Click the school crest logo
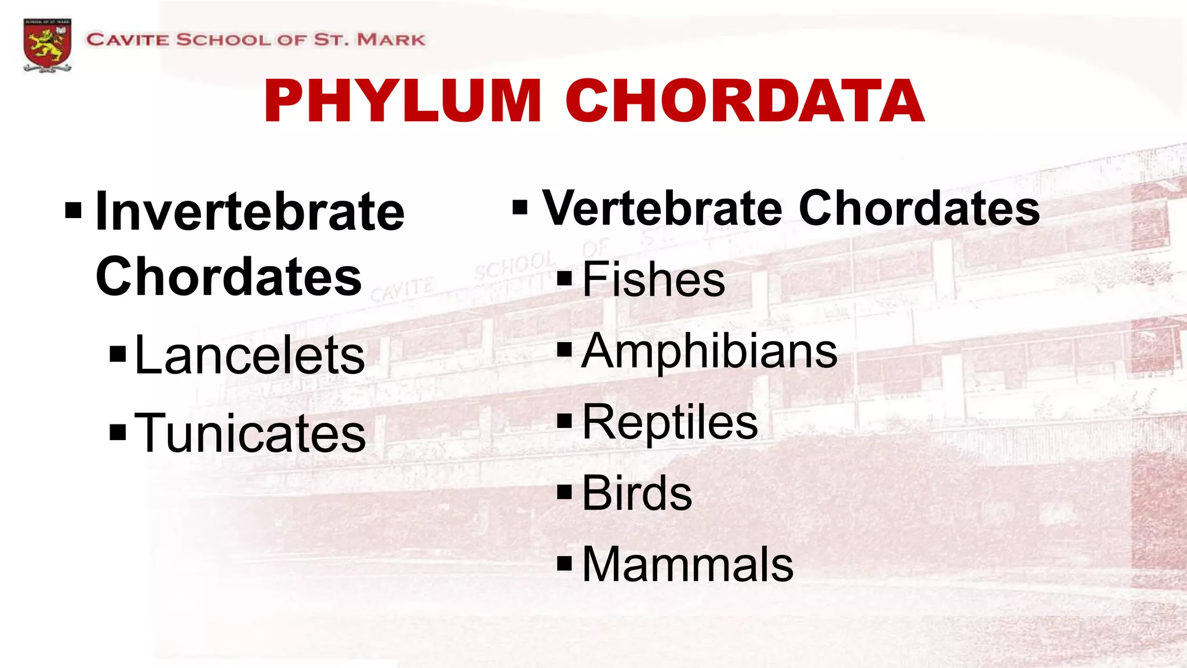[48, 45]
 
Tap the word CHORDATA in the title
[745, 101]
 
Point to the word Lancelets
[250, 355]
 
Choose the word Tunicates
[250, 433]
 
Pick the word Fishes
[653, 279]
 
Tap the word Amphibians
[709, 351]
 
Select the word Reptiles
[670, 422]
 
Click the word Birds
[637, 493]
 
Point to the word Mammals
[687, 564]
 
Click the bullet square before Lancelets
[118, 354]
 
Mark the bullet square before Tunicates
[118, 432]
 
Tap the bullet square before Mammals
[564, 563]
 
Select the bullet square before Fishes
[564, 278]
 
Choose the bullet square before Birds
[564, 492]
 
